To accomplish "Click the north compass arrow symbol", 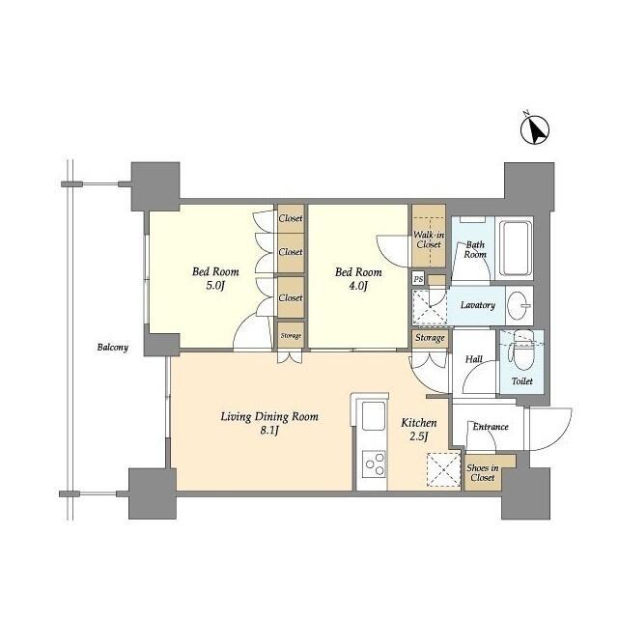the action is click(535, 129).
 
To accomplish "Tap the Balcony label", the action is click(113, 348).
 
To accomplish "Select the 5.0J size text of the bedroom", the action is click(215, 286).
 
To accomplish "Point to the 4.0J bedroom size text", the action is click(358, 286).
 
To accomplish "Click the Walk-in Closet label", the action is click(429, 239).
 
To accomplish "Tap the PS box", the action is click(418, 279).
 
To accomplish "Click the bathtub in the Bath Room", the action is click(517, 248).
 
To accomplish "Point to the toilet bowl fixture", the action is click(521, 353).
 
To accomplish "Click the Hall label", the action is click(474, 359).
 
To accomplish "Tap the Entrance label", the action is click(491, 427).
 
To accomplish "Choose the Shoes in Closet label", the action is click(483, 472).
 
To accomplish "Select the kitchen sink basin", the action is click(374, 416).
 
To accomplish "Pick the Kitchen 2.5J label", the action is click(418, 430).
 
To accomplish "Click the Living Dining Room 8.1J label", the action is click(269, 423).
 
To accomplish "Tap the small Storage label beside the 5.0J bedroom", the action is click(291, 336).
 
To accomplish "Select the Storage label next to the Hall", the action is click(430, 338).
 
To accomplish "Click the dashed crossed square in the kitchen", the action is click(443, 469).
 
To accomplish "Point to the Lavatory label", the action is click(478, 305).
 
